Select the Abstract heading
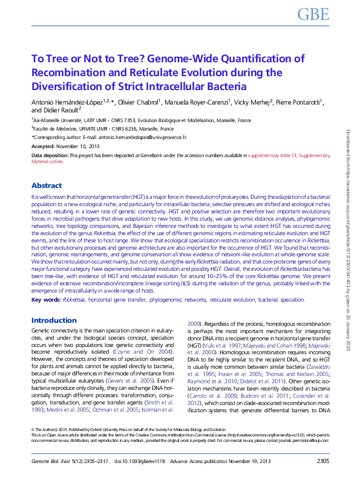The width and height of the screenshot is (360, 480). pos(47,186)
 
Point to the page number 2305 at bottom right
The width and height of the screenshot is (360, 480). pos(323,462)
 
